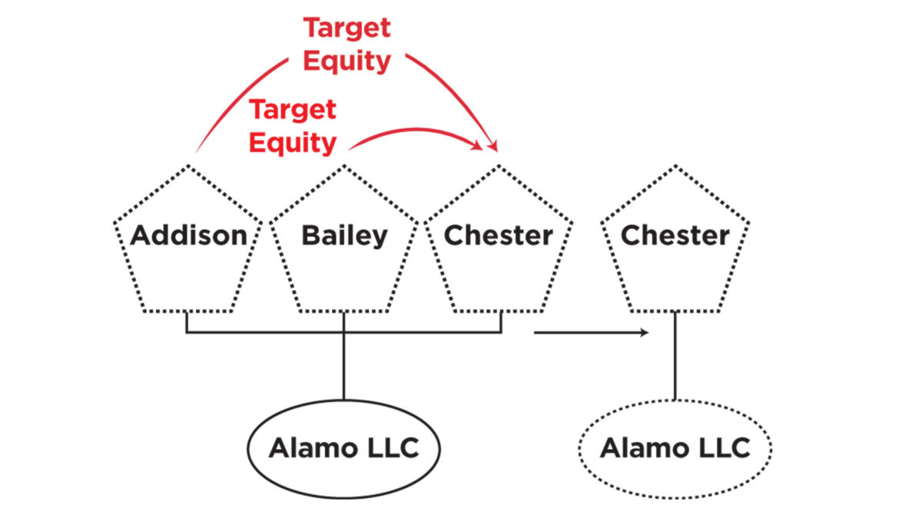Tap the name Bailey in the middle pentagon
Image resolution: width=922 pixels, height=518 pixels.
(x=344, y=236)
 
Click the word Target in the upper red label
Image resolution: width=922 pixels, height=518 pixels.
(x=347, y=28)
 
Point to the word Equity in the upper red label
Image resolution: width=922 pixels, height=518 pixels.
(x=347, y=61)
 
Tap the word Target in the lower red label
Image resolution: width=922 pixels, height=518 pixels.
(x=293, y=110)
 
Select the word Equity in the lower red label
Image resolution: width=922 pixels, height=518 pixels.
(x=293, y=143)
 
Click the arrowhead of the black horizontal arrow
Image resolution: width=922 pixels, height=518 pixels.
(x=645, y=332)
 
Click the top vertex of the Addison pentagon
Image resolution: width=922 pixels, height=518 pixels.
(x=188, y=166)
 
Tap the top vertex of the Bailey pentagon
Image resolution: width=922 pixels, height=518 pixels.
(x=344, y=166)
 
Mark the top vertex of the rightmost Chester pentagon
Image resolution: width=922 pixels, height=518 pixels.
(x=675, y=166)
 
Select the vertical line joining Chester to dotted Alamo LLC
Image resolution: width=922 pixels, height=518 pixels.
(x=675, y=356)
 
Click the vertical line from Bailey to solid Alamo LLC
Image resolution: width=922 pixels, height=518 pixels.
(x=343, y=356)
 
